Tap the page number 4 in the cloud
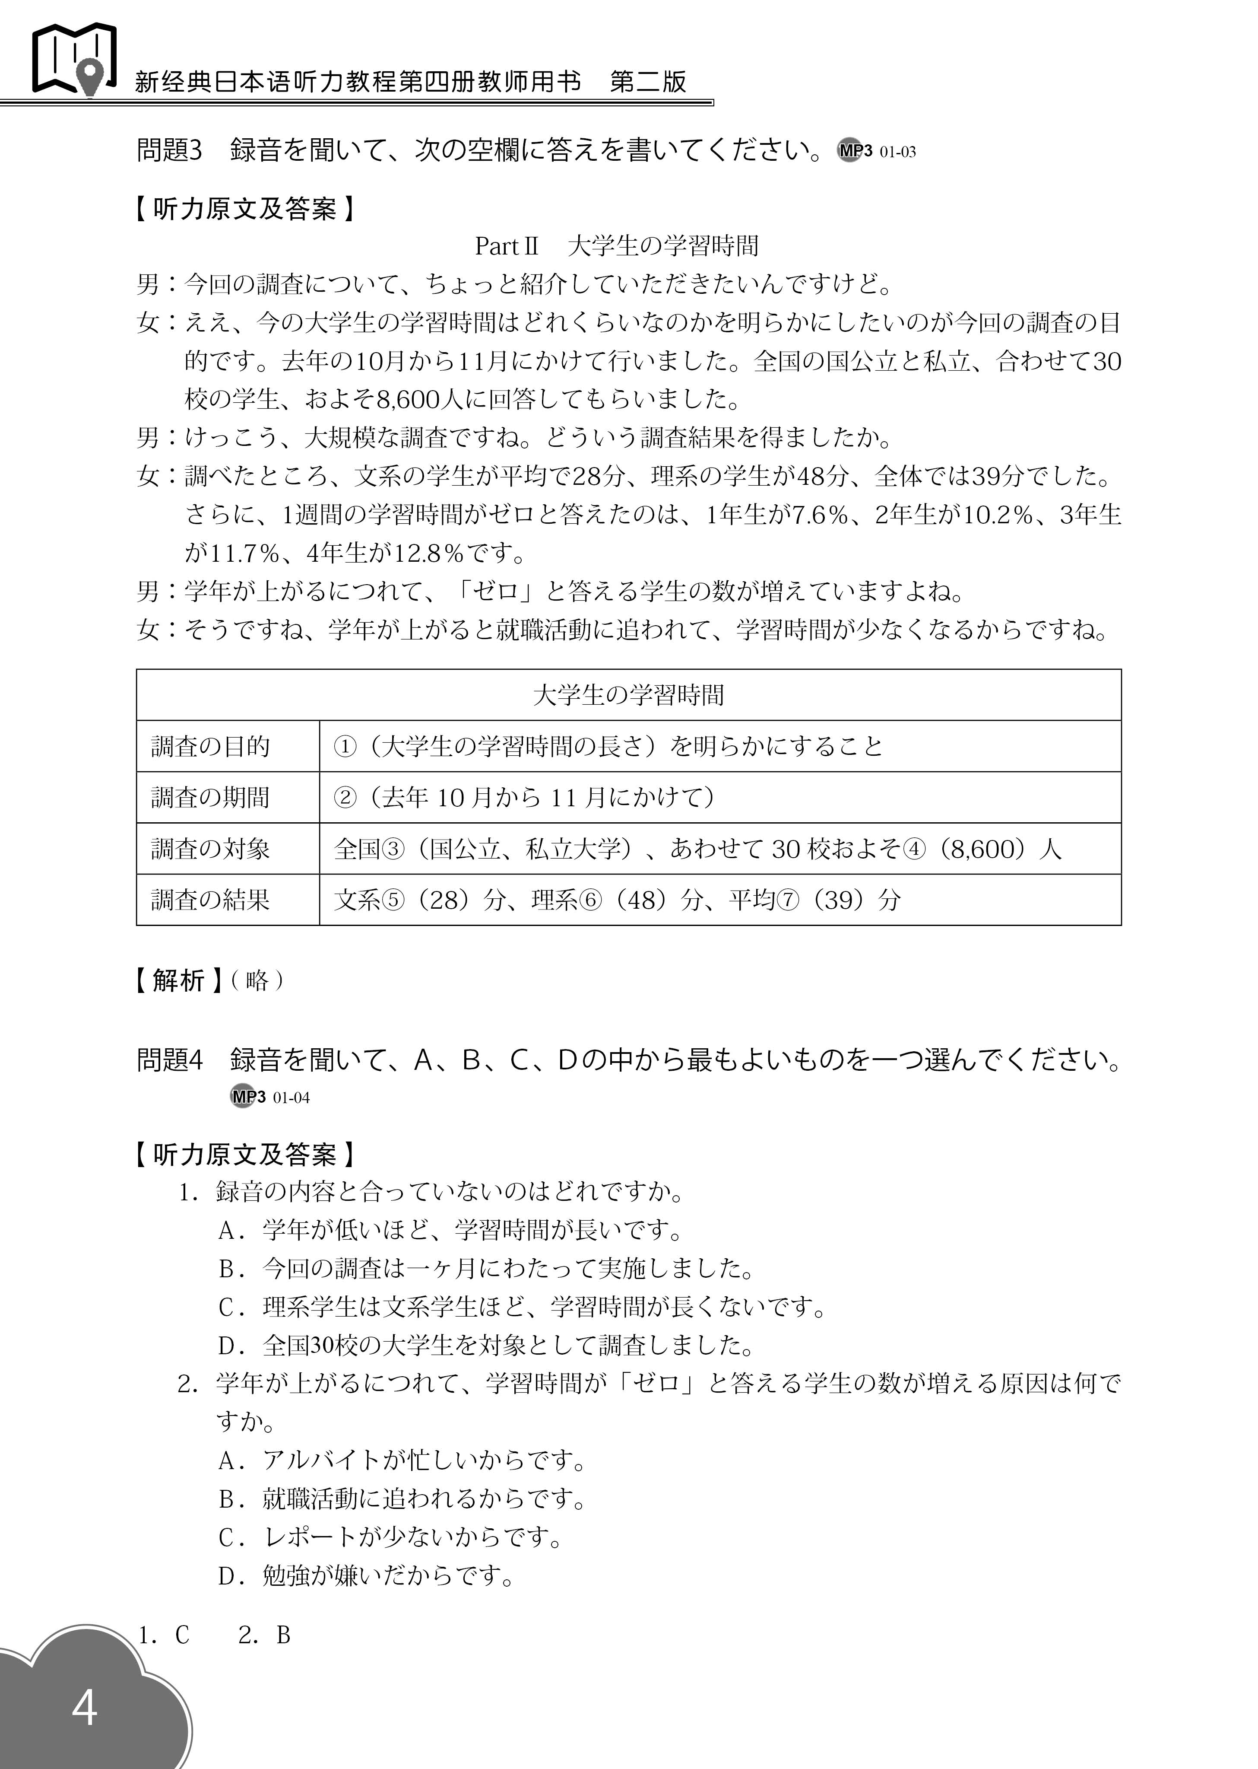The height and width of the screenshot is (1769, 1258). pyautogui.click(x=85, y=1707)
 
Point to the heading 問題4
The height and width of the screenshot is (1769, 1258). pyautogui.click(x=169, y=1059)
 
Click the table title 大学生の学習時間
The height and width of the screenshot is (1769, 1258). pyautogui.click(x=628, y=695)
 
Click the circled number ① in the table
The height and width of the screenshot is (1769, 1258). pyautogui.click(x=345, y=746)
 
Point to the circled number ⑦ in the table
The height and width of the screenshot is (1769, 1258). pyautogui.click(x=787, y=900)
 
